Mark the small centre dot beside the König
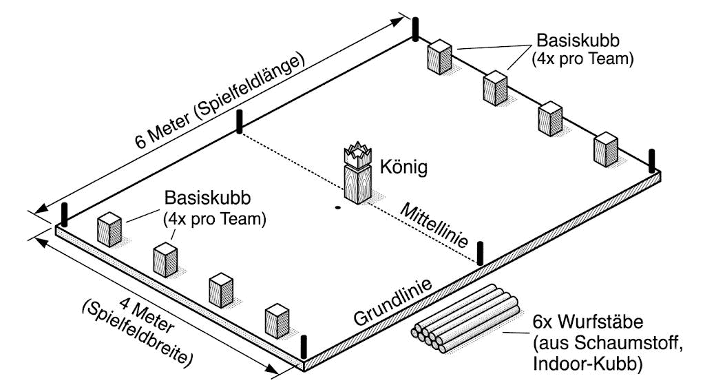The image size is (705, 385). (x=337, y=208)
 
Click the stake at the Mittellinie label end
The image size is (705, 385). (x=480, y=252)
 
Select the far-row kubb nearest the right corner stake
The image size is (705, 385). (x=606, y=149)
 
